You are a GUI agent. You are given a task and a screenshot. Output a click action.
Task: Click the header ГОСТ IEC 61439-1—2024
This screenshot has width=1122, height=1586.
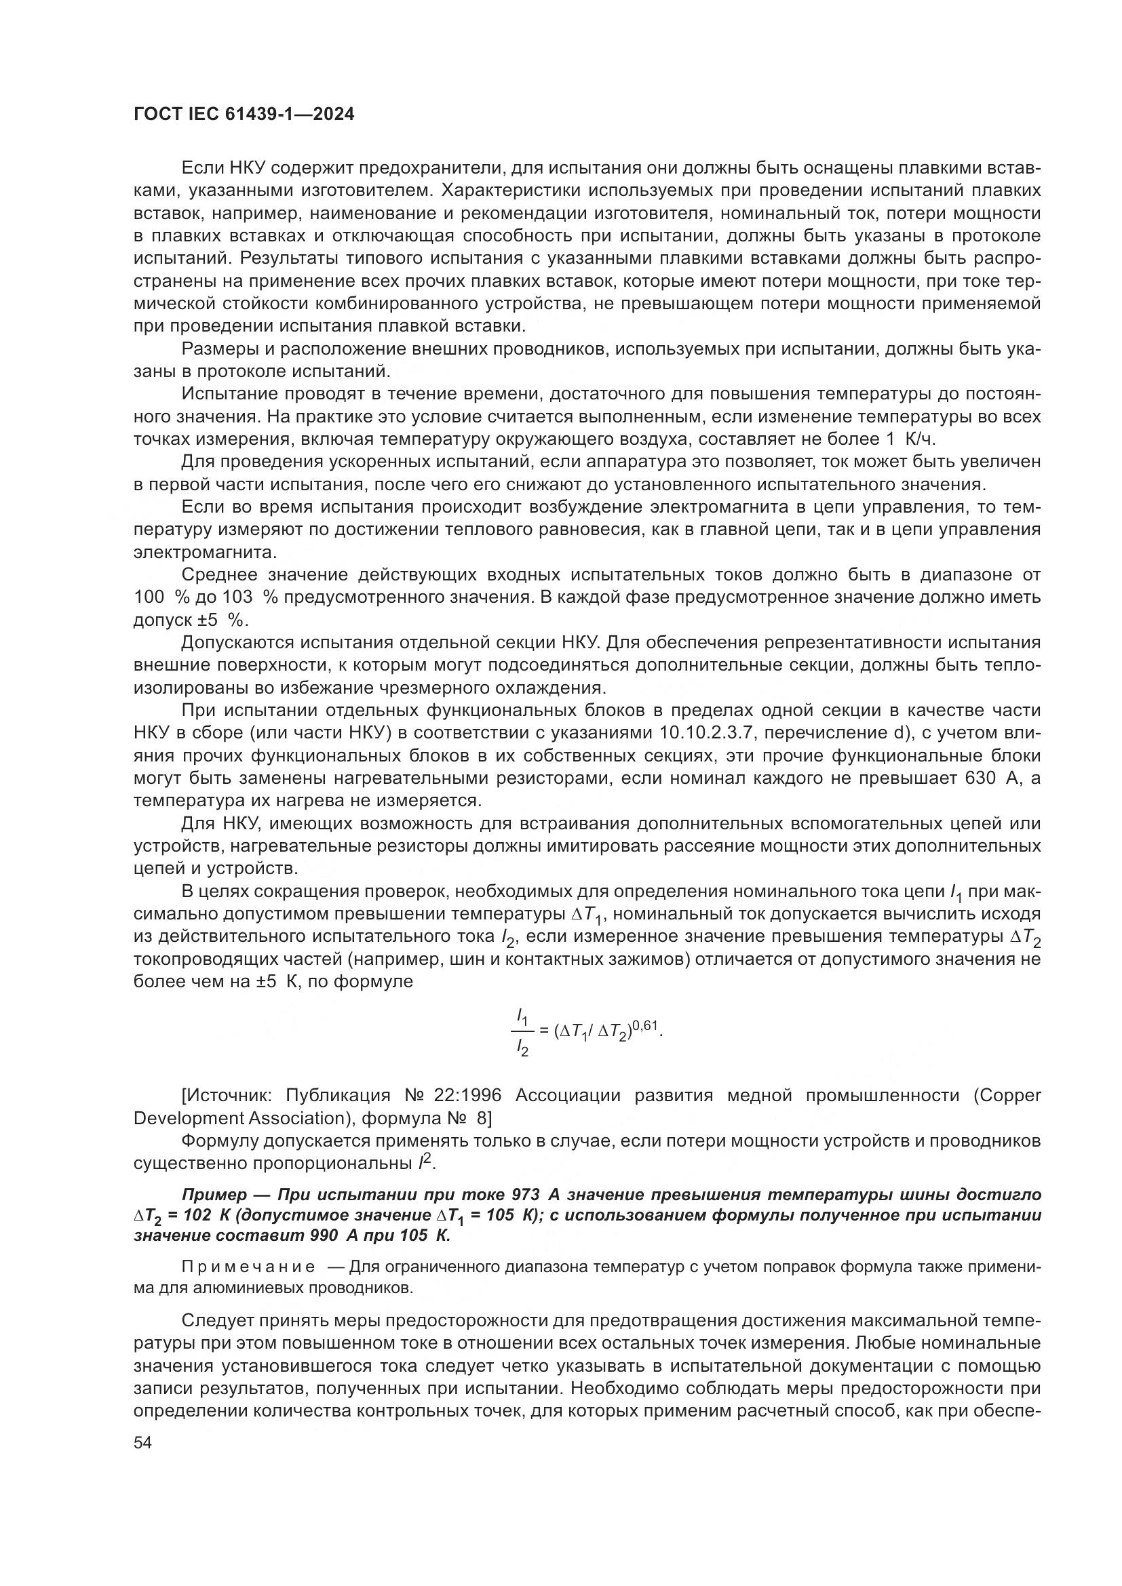(x=244, y=115)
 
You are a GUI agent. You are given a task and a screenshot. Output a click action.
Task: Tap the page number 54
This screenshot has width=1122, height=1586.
(x=142, y=1442)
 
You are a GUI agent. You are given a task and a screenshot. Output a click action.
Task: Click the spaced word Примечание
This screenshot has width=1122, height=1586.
(x=248, y=1267)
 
